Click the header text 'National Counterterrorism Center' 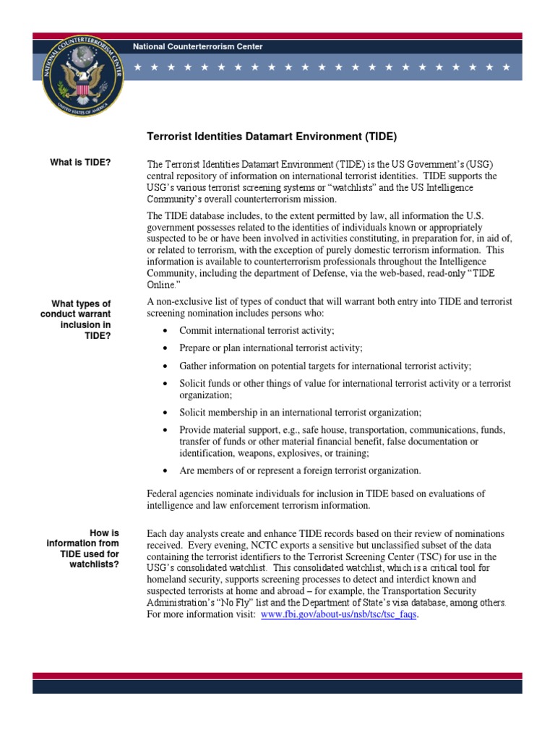click(x=197, y=47)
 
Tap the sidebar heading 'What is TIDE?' click(x=80, y=162)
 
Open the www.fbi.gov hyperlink click(x=339, y=614)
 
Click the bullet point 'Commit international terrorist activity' click(x=257, y=330)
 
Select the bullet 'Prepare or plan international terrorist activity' click(x=271, y=348)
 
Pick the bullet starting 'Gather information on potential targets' click(x=325, y=366)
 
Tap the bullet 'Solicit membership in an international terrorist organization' click(x=300, y=413)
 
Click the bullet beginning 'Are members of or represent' click(x=300, y=470)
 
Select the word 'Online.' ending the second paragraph click(x=163, y=285)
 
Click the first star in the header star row click(x=137, y=67)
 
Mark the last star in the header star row click(x=508, y=67)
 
